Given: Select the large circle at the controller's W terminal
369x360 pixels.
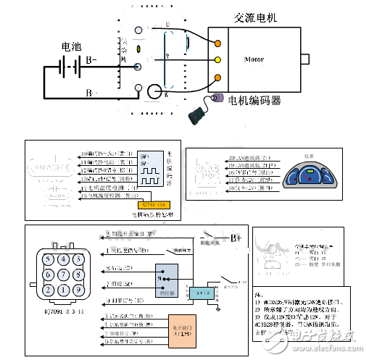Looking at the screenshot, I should click(x=156, y=93).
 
